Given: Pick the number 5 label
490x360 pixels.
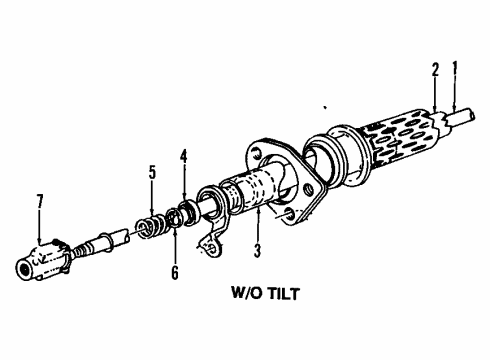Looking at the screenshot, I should (152, 173).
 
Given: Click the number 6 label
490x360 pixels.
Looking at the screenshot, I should (174, 273).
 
